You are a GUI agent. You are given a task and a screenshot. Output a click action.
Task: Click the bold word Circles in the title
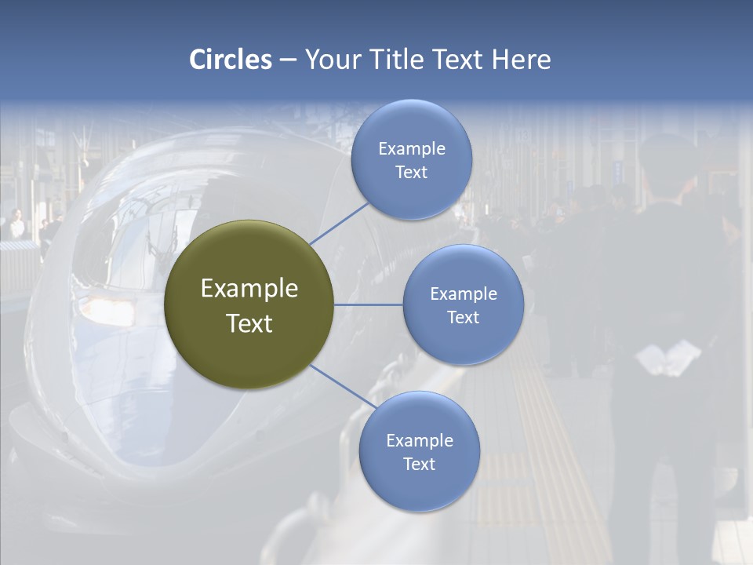pos(231,60)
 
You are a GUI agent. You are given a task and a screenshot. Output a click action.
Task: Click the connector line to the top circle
pos(339,223)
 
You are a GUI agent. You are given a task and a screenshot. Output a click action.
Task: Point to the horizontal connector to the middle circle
pos(369,304)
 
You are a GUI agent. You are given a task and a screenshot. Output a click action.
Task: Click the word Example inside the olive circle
pos(249,289)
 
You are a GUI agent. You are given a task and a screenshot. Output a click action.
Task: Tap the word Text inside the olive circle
pos(249,323)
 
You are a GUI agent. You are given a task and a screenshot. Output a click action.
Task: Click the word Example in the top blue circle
pos(411,149)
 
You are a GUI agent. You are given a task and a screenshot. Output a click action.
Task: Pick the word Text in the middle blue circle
pos(463,317)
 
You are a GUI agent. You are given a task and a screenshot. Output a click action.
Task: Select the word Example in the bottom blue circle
pos(419,441)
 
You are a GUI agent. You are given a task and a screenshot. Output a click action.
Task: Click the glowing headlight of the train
pos(102,306)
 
